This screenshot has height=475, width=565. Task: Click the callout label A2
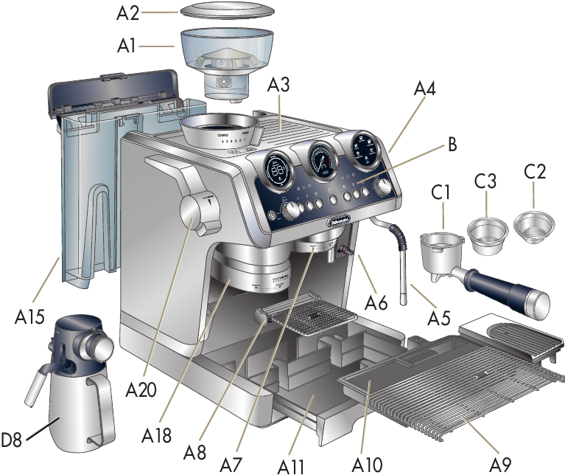(x=127, y=13)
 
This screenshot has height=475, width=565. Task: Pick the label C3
(x=485, y=181)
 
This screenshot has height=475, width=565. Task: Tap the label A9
(x=502, y=465)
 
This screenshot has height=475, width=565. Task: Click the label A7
(x=231, y=465)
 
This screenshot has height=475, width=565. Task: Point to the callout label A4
(x=424, y=90)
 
